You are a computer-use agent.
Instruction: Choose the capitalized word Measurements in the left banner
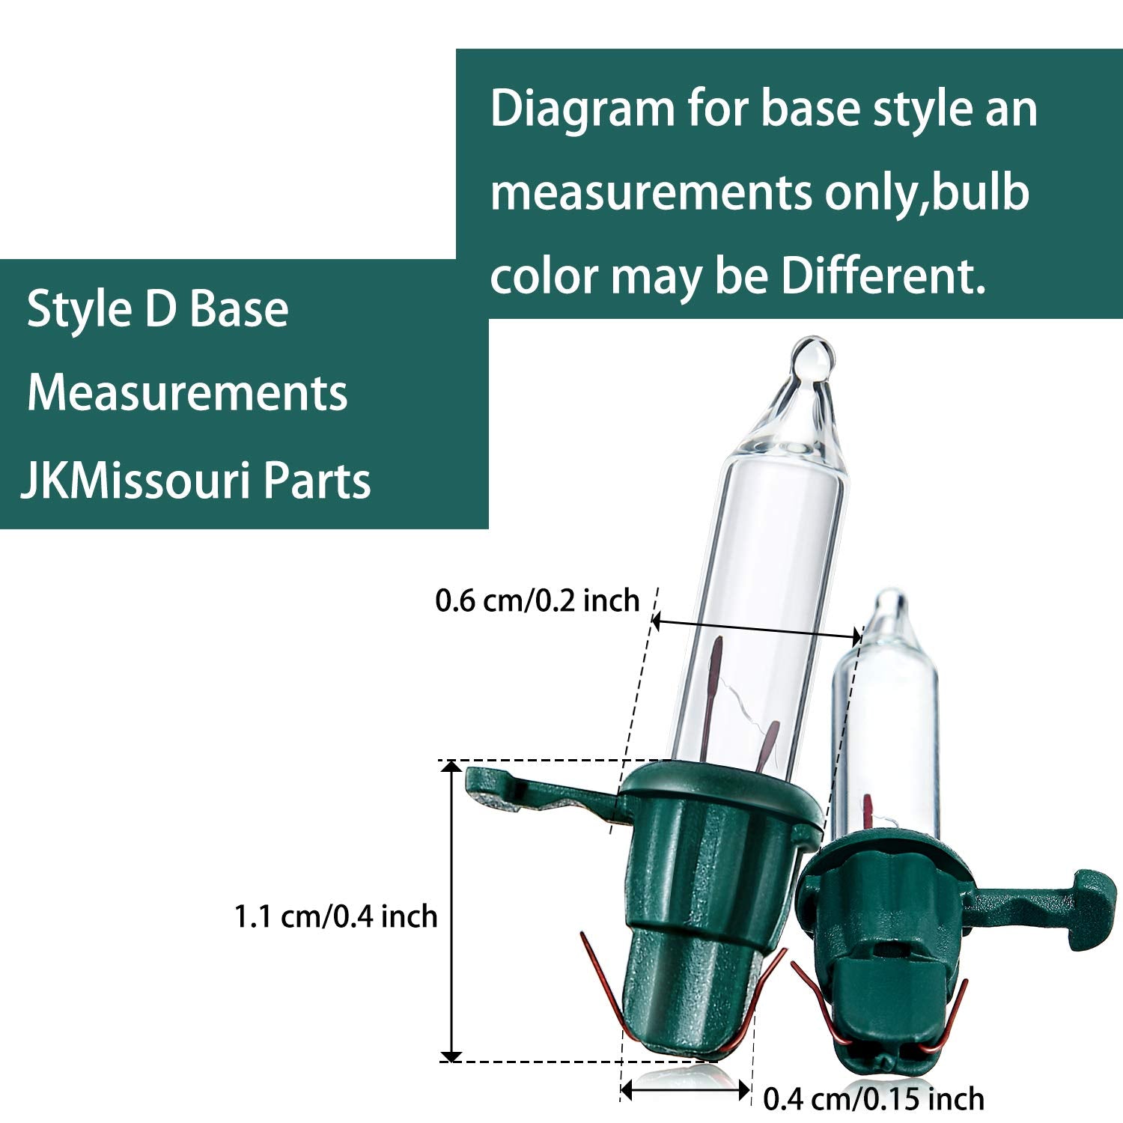click(x=187, y=392)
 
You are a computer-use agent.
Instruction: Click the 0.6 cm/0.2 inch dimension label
click(x=538, y=600)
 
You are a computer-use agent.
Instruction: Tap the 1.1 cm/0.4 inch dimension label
click(x=335, y=916)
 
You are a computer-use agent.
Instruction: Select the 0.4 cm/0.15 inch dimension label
click(x=874, y=1098)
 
